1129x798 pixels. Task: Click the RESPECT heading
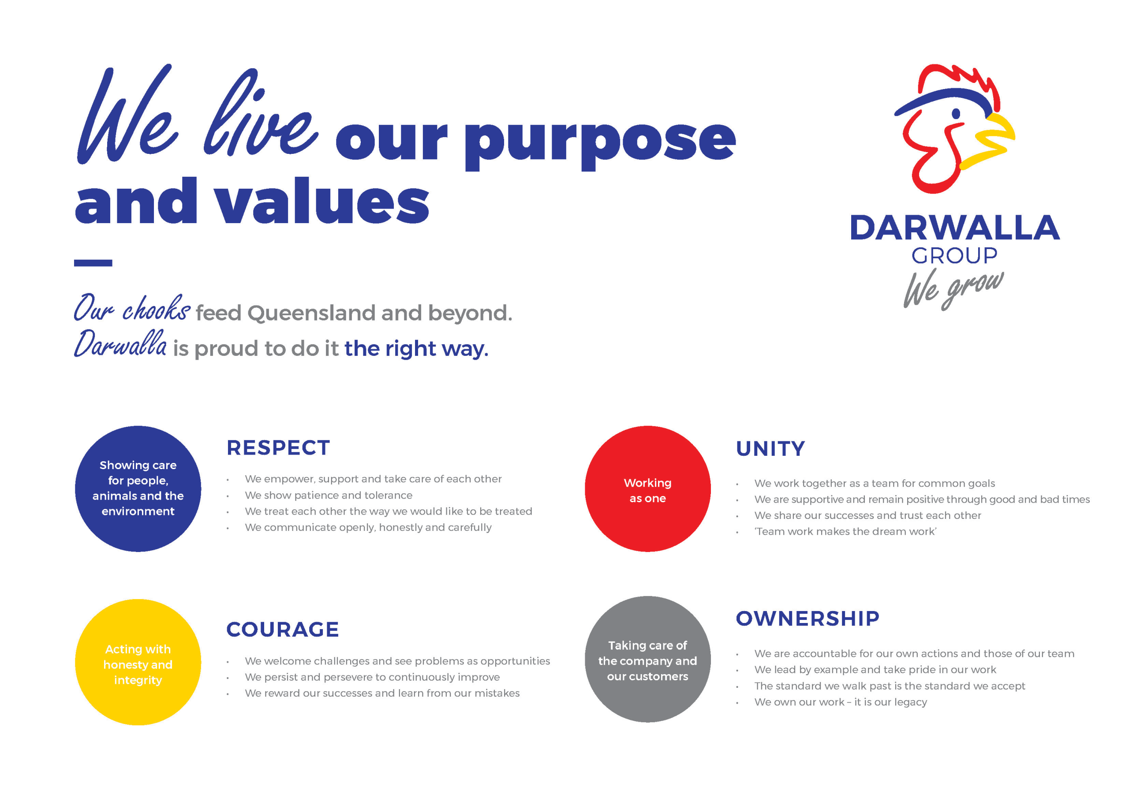point(278,448)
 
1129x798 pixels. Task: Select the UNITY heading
point(770,449)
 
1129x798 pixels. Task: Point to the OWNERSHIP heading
point(807,619)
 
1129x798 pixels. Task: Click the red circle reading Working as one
point(647,489)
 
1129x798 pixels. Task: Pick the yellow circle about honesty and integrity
point(138,662)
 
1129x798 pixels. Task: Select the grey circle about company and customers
point(647,660)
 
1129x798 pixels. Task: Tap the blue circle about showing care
point(138,489)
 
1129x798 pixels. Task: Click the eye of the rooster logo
point(956,114)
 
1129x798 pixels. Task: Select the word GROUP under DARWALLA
point(954,256)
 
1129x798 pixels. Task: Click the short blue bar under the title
point(93,263)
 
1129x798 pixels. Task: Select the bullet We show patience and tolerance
point(329,495)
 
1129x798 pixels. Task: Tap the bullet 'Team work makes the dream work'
point(845,532)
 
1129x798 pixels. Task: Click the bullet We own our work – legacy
point(841,702)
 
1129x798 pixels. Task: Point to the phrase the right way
point(416,349)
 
